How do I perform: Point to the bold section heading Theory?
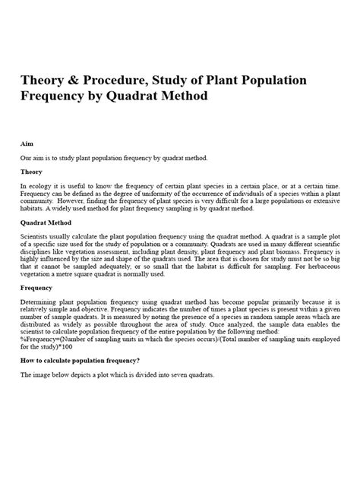[x=31, y=172]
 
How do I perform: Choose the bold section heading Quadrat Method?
[x=46, y=223]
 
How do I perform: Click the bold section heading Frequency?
[x=37, y=289]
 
